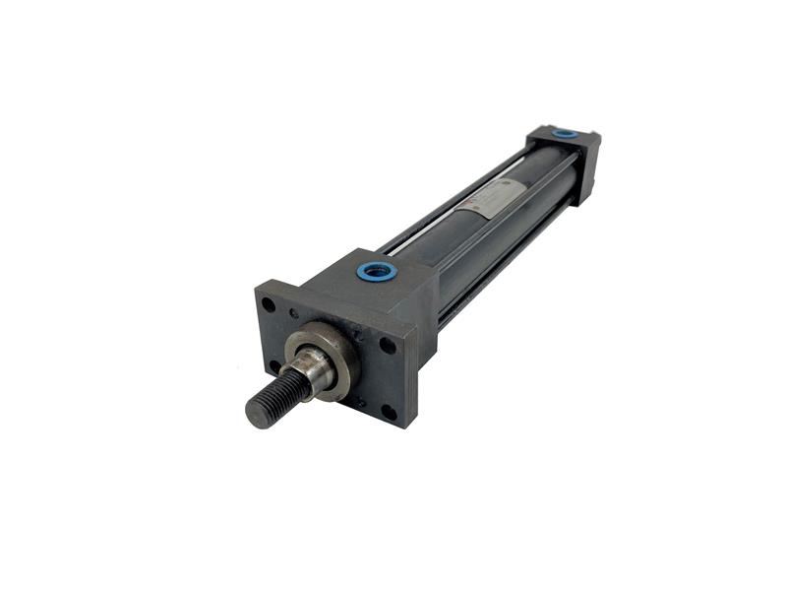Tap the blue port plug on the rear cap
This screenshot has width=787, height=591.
(564, 133)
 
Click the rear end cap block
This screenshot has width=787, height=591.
(571, 158)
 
